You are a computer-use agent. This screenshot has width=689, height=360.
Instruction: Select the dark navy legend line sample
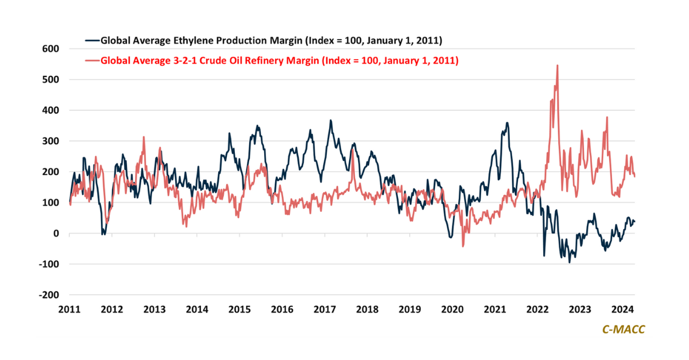click(x=92, y=41)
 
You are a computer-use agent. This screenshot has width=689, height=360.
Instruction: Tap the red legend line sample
click(x=92, y=60)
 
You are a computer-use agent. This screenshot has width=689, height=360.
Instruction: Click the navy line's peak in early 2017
click(x=331, y=121)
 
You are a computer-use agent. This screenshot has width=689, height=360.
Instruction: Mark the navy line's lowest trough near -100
click(x=570, y=262)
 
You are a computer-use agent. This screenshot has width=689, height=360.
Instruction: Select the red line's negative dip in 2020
click(x=463, y=246)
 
